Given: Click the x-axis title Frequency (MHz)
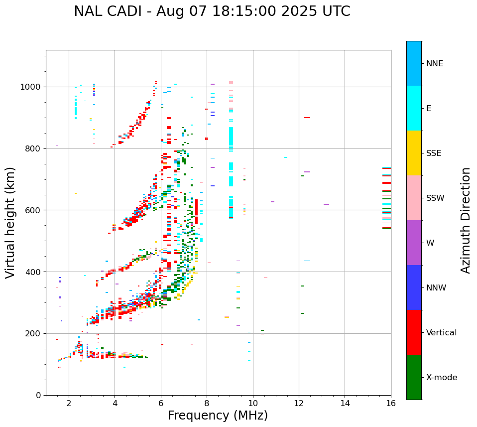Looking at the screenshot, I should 218,416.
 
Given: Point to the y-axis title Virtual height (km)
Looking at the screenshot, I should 10,223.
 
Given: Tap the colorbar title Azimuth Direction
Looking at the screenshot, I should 466,220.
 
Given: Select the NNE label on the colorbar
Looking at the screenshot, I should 434,64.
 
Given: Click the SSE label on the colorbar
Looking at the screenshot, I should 433,153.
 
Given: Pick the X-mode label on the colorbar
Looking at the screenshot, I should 441,378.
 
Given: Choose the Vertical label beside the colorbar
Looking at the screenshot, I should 441,333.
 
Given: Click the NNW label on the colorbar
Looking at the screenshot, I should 436,288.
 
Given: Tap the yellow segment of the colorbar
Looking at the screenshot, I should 414,153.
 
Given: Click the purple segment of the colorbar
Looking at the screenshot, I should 414,243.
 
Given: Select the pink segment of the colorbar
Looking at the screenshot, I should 414,198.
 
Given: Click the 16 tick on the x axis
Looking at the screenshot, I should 391,403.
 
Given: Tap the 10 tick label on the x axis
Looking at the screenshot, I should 253,403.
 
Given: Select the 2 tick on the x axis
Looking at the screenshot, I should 69,403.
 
